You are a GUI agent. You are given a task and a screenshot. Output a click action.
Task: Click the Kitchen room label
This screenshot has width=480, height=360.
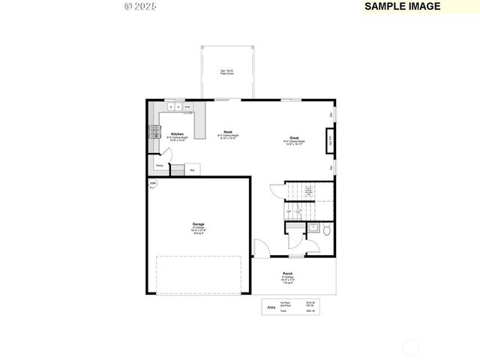(178, 134)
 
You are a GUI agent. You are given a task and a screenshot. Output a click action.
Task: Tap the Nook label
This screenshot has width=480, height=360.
(227, 131)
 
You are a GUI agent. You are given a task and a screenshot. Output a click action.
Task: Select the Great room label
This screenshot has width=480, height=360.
(295, 138)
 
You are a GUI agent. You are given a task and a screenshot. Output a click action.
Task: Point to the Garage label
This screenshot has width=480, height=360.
(199, 224)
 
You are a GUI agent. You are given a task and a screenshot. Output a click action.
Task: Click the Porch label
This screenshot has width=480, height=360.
(288, 274)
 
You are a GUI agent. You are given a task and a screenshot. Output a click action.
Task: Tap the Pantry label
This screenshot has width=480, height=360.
(160, 166)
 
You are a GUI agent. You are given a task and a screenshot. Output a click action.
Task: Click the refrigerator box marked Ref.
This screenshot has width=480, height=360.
(192, 170)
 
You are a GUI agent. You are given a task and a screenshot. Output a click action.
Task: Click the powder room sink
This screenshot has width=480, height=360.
(313, 227)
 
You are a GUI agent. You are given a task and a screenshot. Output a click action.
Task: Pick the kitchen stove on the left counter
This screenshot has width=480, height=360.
(154, 132)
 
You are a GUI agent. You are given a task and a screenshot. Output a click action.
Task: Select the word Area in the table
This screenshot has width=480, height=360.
(270, 307)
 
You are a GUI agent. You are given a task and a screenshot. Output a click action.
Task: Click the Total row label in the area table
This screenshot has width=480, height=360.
(284, 311)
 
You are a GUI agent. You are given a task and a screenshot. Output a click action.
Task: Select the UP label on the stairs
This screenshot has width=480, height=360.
(289, 212)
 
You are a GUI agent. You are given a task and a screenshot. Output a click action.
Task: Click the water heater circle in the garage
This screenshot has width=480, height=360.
(153, 184)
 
